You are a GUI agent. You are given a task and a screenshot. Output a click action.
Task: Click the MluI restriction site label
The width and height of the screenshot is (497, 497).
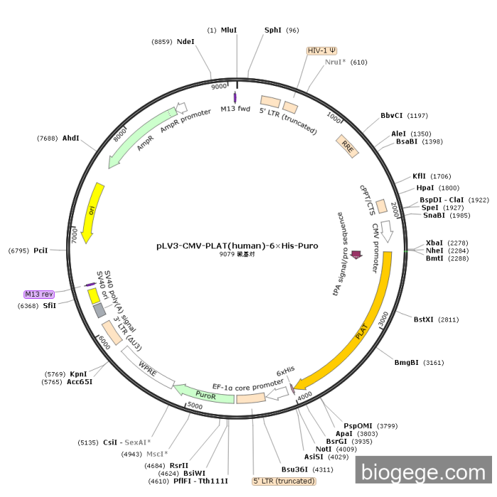(229, 30)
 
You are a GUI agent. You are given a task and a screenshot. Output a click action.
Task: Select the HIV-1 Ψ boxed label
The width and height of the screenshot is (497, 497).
(322, 50)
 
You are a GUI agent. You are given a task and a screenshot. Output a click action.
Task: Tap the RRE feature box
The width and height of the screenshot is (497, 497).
(347, 146)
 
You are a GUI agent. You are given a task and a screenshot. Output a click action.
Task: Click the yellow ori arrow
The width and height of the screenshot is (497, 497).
(92, 212)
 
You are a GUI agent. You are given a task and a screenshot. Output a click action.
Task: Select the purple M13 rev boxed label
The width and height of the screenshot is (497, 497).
(39, 294)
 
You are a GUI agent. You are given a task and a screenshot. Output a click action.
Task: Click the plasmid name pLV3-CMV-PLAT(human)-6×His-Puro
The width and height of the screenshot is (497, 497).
(237, 246)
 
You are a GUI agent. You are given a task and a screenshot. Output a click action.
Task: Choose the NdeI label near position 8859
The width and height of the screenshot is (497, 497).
(185, 42)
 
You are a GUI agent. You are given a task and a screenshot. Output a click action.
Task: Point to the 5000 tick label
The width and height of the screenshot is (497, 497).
(195, 405)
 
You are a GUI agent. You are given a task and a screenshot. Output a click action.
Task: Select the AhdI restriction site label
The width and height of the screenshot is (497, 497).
(70, 138)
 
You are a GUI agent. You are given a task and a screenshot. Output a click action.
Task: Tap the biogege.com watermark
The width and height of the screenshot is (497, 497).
(424, 471)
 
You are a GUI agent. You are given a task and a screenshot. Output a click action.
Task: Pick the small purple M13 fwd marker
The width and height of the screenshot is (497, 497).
(235, 97)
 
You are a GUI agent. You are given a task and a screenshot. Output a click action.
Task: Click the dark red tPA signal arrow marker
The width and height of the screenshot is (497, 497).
(356, 256)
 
